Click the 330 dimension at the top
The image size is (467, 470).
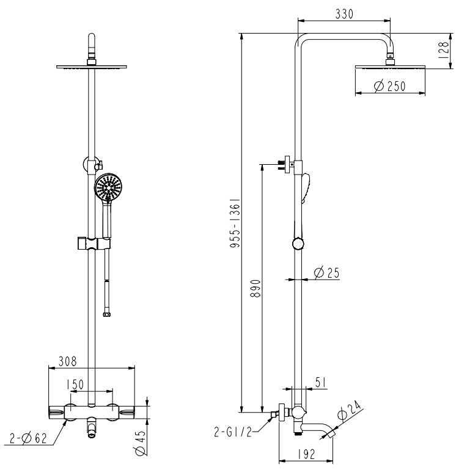click(x=344, y=14)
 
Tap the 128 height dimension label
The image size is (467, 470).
click(x=443, y=50)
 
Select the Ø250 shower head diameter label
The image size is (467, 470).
click(x=390, y=86)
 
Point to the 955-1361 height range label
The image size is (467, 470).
click(x=235, y=222)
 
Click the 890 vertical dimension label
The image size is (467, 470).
click(x=256, y=288)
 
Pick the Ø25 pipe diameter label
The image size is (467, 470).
click(x=326, y=272)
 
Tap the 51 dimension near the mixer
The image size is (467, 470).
click(x=320, y=382)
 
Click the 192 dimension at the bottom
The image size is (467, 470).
click(x=306, y=454)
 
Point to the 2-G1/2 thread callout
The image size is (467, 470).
click(x=233, y=432)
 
